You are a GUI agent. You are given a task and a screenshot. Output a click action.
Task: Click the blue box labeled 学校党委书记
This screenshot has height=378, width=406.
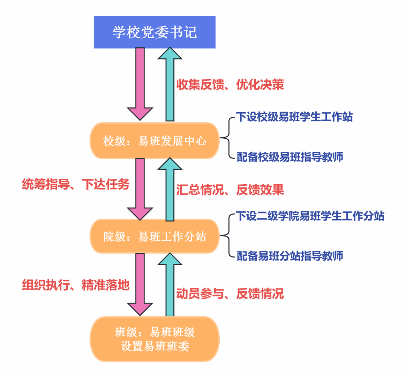[x=155, y=32]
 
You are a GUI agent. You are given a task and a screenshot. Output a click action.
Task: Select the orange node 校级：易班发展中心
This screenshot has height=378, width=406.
[x=155, y=140]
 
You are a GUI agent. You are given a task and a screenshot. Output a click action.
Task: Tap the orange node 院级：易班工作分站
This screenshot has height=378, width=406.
[x=155, y=236]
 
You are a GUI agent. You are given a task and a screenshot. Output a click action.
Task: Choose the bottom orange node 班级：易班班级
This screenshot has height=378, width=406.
[x=155, y=339]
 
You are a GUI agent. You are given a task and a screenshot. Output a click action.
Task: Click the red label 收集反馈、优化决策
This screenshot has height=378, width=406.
[x=230, y=85]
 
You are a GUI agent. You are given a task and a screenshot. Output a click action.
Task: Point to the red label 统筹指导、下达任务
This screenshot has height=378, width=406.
[x=76, y=184]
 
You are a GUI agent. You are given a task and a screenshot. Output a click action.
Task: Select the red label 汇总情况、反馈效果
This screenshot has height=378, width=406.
[x=230, y=190]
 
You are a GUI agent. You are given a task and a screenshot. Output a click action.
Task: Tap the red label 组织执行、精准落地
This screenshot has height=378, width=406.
[x=76, y=285]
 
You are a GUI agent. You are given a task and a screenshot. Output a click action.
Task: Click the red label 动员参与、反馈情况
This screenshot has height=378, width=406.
[x=230, y=294]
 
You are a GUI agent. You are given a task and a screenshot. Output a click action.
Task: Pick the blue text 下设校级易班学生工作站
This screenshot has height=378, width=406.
[x=294, y=117]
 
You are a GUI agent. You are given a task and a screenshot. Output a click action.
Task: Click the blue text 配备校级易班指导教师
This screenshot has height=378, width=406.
[x=290, y=157]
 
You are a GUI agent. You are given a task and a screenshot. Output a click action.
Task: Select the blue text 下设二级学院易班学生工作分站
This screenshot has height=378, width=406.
[x=310, y=216]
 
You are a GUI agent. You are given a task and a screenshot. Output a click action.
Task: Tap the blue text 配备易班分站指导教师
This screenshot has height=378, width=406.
[x=290, y=256]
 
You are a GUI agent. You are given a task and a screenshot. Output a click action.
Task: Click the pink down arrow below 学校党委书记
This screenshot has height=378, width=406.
[x=140, y=84]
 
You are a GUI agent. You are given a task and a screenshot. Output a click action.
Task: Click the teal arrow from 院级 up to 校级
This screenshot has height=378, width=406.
[x=170, y=190]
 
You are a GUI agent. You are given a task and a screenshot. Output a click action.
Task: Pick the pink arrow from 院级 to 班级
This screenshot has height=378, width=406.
[x=140, y=284]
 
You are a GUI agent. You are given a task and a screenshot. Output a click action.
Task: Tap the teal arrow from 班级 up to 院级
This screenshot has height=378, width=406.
[x=170, y=285]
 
